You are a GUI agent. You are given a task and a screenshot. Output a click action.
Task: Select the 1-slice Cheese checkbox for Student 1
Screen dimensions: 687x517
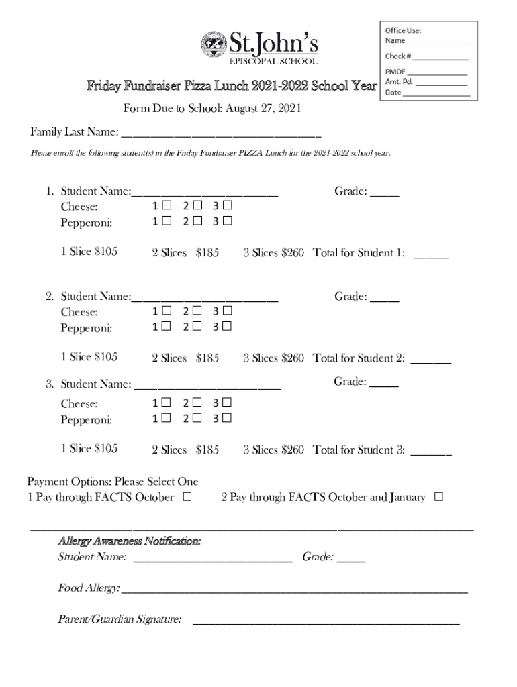pos(167,205)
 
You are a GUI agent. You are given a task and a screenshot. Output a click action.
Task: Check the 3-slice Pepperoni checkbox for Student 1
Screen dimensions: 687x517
pos(227,221)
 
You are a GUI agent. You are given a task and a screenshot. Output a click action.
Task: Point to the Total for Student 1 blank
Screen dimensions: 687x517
pos(428,255)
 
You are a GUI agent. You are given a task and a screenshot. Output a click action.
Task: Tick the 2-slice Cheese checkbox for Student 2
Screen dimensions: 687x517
pos(197,311)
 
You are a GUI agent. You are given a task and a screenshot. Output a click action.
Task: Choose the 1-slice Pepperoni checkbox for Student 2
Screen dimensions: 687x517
pos(167,327)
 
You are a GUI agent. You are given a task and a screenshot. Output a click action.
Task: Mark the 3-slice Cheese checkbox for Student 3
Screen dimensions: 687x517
pos(227,403)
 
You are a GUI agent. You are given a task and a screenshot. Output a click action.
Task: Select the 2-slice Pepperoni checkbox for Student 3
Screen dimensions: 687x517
pos(197,419)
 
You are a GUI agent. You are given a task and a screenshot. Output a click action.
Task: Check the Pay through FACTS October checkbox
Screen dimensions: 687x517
pos(187,498)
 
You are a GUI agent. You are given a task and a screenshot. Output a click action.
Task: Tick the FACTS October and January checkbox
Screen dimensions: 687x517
pos(438,498)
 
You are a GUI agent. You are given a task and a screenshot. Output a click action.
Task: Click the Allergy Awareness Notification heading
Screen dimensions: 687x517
pos(130,540)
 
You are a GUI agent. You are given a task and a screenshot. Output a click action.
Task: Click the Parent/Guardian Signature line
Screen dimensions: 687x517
pos(326,621)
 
